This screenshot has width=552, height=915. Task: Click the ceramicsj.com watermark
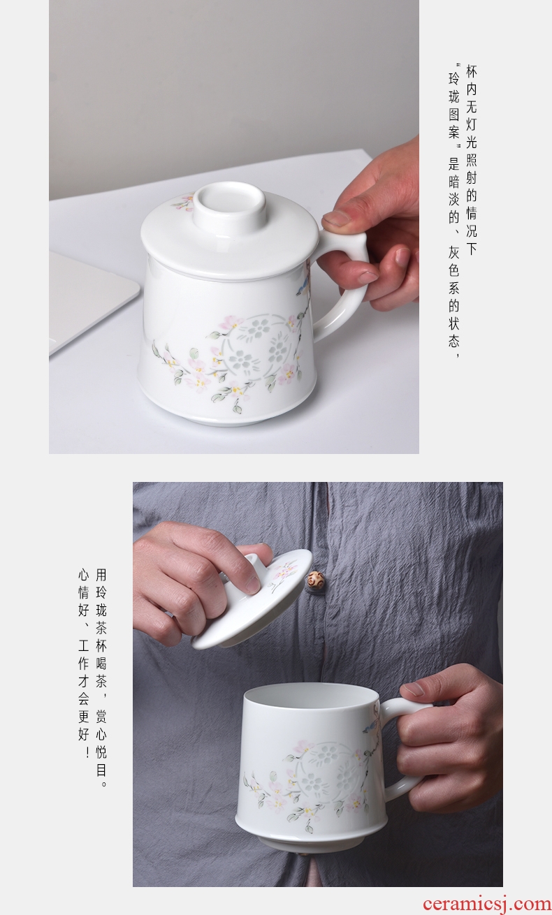point(486,904)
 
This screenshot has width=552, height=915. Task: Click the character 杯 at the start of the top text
point(471,72)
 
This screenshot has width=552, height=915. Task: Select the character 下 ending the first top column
point(471,249)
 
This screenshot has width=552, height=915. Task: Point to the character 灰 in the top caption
point(453,252)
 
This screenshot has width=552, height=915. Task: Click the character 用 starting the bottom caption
point(101,575)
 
